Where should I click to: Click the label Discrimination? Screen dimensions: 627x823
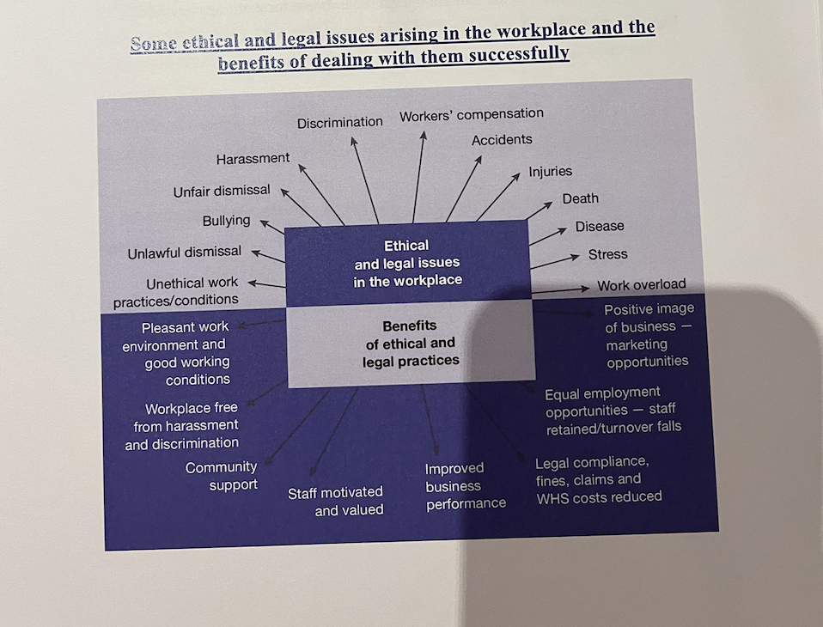pyautogui.click(x=340, y=123)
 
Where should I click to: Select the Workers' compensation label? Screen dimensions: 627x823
pyautogui.click(x=472, y=114)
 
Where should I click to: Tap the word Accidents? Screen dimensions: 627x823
pyautogui.click(x=502, y=140)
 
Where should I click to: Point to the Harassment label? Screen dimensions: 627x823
pyautogui.click(x=253, y=159)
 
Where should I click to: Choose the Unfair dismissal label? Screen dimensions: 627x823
pyautogui.click(x=222, y=191)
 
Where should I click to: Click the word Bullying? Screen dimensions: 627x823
pyautogui.click(x=226, y=221)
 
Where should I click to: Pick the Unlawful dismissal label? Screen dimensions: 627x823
pyautogui.click(x=185, y=253)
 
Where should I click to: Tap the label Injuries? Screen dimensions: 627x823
pyautogui.click(x=550, y=172)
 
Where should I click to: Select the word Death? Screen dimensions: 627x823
pyautogui.click(x=580, y=199)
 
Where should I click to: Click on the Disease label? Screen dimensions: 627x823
pyautogui.click(x=600, y=227)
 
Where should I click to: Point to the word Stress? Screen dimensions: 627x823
pyautogui.click(x=607, y=255)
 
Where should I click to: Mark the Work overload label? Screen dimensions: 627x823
pyautogui.click(x=642, y=285)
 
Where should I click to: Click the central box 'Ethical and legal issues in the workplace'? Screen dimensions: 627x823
pyautogui.click(x=406, y=263)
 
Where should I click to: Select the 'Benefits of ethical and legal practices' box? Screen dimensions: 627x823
pyautogui.click(x=410, y=344)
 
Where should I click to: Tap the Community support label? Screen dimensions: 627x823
pyautogui.click(x=222, y=476)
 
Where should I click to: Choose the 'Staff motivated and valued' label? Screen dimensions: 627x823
pyautogui.click(x=336, y=501)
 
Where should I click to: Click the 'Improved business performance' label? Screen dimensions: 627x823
pyautogui.click(x=465, y=486)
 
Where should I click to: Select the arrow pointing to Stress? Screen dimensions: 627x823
pyautogui.click(x=556, y=261)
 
